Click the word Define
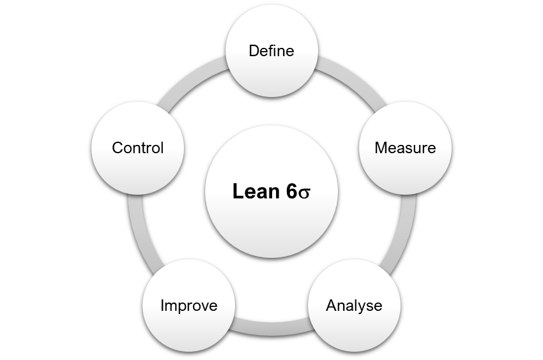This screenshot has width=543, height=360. tap(271, 50)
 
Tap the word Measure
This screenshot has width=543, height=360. tap(405, 148)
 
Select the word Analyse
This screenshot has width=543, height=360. tap(354, 305)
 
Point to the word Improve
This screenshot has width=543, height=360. tap(188, 305)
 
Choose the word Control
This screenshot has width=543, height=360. tap(137, 148)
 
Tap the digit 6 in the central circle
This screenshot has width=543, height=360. tap(292, 191)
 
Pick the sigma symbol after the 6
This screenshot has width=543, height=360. tap(304, 193)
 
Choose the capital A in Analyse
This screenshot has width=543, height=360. tap(331, 305)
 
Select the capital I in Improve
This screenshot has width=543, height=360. tap(162, 305)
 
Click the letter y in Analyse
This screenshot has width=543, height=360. tap(360, 307)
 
